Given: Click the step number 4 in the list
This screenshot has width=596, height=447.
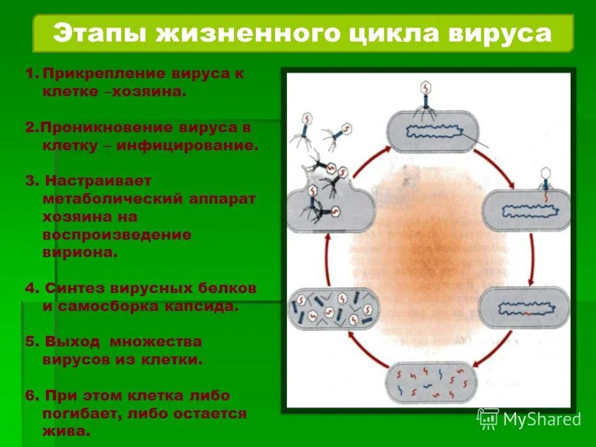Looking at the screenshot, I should coord(29,289).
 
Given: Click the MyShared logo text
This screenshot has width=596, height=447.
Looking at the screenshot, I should coord(541,420).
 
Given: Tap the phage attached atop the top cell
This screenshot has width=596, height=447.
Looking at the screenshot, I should coord(425,96).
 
